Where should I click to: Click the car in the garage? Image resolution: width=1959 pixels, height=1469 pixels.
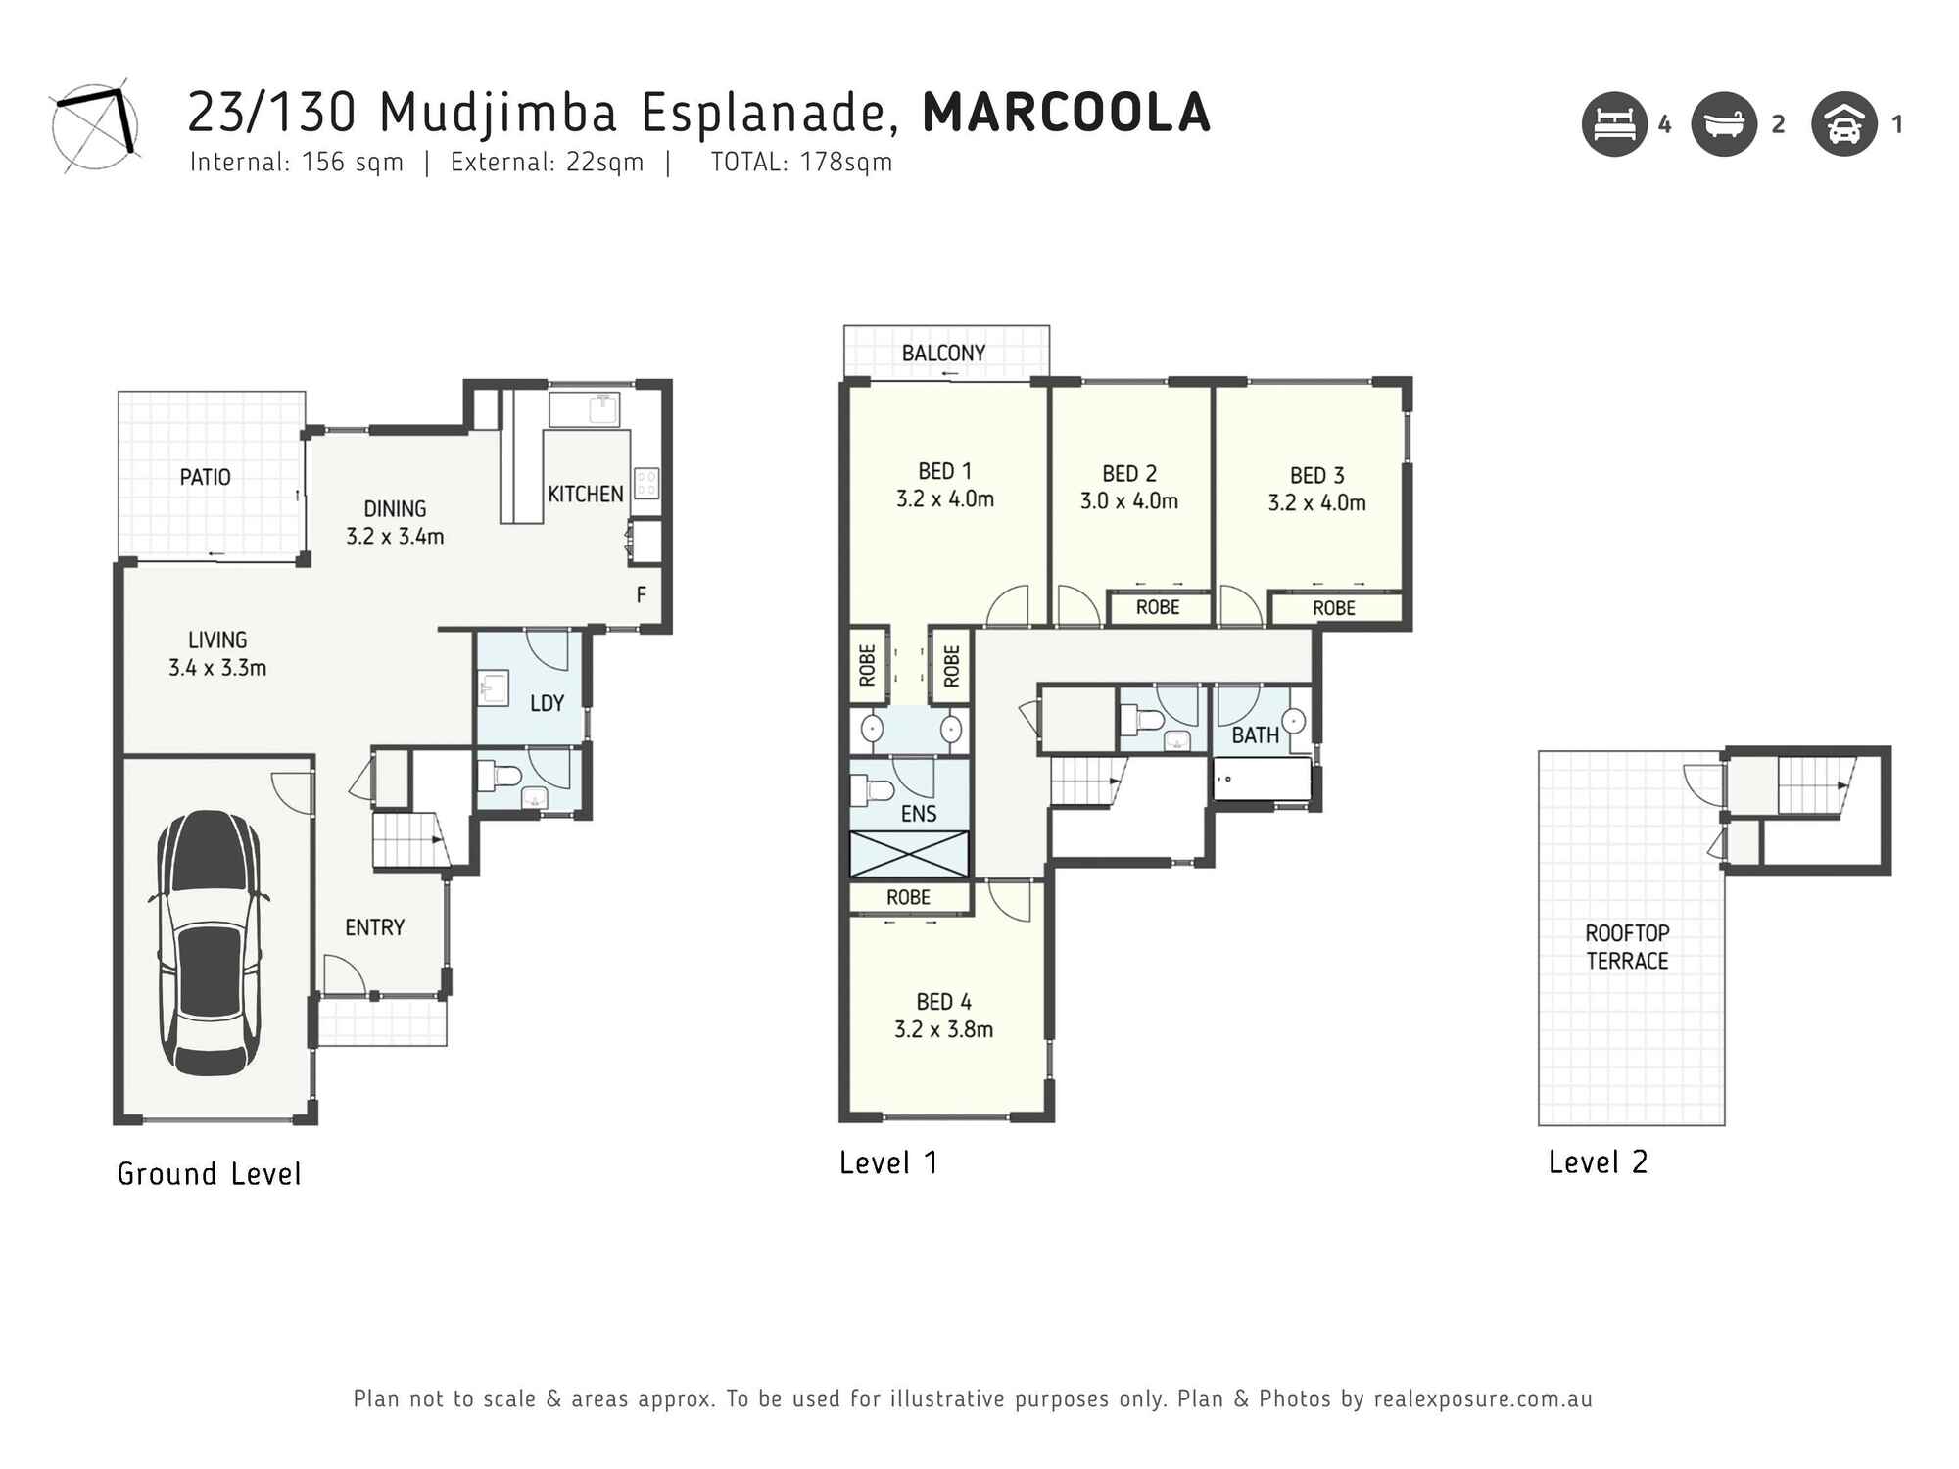point(209,943)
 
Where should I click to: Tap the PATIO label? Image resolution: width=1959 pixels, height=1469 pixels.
point(205,477)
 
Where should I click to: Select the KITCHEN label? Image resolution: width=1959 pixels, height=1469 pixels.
point(586,494)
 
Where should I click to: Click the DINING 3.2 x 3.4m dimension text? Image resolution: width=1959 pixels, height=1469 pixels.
point(395,536)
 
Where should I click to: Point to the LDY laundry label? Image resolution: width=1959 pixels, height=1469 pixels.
point(547,703)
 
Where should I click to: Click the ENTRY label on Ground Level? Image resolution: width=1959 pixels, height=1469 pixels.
point(374,927)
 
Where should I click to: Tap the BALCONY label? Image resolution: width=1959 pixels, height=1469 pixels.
point(943,353)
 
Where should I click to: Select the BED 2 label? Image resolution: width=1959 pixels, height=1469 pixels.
point(1129,474)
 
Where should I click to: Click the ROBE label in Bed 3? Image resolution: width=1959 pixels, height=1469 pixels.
point(1334,608)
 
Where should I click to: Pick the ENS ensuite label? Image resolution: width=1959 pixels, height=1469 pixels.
point(919,813)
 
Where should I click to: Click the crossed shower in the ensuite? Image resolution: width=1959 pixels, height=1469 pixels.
point(909,854)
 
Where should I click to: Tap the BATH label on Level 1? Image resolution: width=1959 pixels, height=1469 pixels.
point(1255,735)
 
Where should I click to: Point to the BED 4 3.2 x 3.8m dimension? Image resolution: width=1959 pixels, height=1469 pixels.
point(943,1029)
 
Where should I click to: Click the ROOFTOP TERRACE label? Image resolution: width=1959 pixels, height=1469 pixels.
point(1627,947)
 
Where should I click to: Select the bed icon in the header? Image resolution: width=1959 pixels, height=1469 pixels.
point(1614,124)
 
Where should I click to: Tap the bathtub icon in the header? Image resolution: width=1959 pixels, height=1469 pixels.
point(1724,124)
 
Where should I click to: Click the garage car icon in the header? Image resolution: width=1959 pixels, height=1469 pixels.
point(1844,124)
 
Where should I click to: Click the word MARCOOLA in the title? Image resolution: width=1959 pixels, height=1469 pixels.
point(1067,113)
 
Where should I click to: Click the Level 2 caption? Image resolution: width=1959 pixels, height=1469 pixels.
point(1598,1162)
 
